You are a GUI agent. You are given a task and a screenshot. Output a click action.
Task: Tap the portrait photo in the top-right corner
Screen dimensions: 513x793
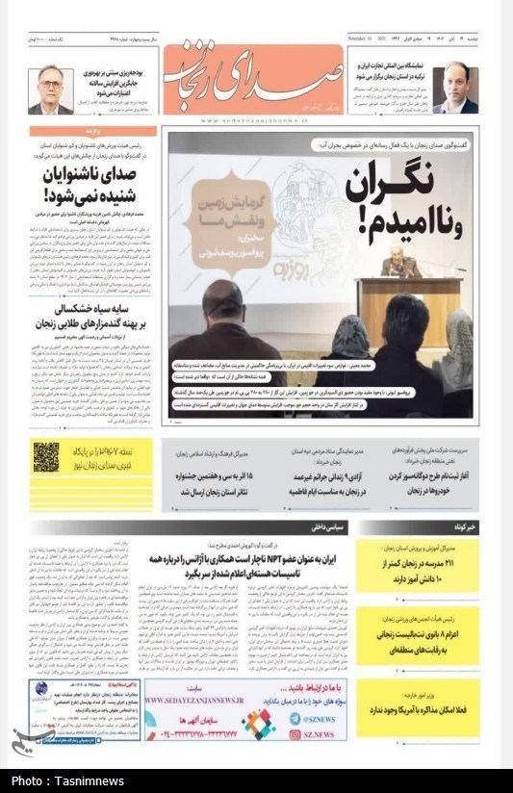454,89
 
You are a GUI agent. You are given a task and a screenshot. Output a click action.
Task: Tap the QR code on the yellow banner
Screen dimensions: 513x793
45,456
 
